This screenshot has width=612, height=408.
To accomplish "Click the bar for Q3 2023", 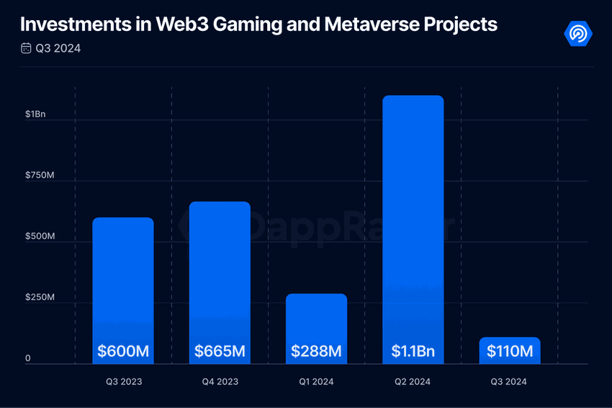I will [123, 281].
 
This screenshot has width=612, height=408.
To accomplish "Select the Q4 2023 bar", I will [220, 273].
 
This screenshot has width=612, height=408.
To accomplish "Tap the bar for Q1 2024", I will [316, 317].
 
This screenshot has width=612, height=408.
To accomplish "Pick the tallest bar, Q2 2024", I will [413, 216].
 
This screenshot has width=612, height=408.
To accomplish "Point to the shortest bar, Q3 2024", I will [510, 342].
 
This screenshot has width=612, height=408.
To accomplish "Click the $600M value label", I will [123, 352].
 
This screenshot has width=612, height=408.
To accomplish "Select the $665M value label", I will [220, 352].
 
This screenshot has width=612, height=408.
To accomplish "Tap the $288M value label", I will [316, 352].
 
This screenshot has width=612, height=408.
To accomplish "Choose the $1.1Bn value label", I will [413, 352].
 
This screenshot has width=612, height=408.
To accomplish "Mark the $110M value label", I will [510, 352].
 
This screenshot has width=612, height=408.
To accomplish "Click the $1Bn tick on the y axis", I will [35, 114].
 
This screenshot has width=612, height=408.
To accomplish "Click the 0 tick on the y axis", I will [28, 358].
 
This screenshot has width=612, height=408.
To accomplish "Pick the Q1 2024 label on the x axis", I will [316, 382].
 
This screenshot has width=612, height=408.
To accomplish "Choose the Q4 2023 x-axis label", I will [220, 382].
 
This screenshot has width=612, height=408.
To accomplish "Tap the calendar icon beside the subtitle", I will [26, 49].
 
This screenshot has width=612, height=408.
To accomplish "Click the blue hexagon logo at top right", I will [578, 33].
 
